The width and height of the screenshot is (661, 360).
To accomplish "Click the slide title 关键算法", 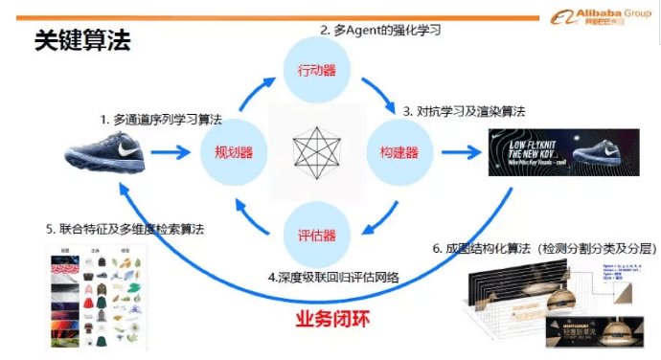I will tap(81, 40).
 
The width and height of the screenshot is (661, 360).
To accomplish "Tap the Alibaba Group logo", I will tap(599, 17).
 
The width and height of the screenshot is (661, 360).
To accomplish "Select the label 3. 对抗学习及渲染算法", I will tap(464, 111).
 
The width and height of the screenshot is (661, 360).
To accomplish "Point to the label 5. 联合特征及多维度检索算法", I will tap(125, 230).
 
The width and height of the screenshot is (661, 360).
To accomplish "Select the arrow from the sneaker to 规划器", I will tap(172, 151).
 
